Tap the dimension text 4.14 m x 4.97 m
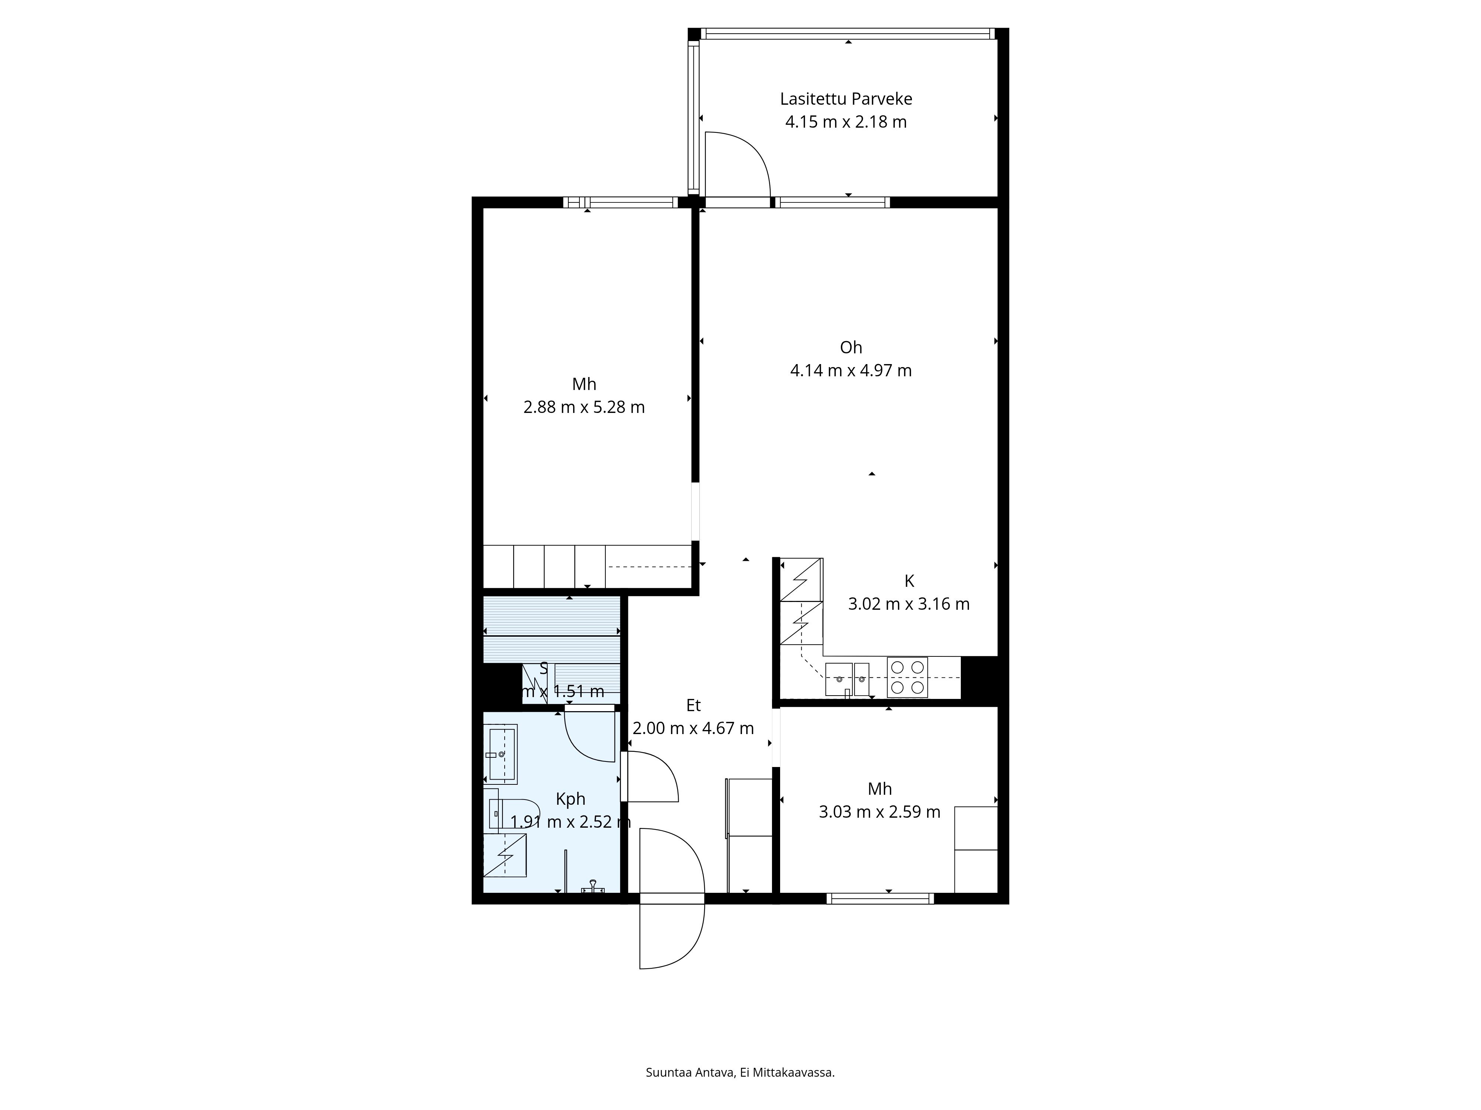(850, 371)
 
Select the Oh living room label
(850, 347)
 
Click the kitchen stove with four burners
(907, 677)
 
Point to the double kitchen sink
(847, 679)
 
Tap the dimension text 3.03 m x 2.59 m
(879, 812)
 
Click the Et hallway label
(693, 705)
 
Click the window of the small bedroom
(880, 899)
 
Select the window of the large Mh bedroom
(621, 202)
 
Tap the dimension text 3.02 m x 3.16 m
(909, 604)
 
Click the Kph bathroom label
(571, 799)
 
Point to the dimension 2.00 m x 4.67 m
(693, 729)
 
